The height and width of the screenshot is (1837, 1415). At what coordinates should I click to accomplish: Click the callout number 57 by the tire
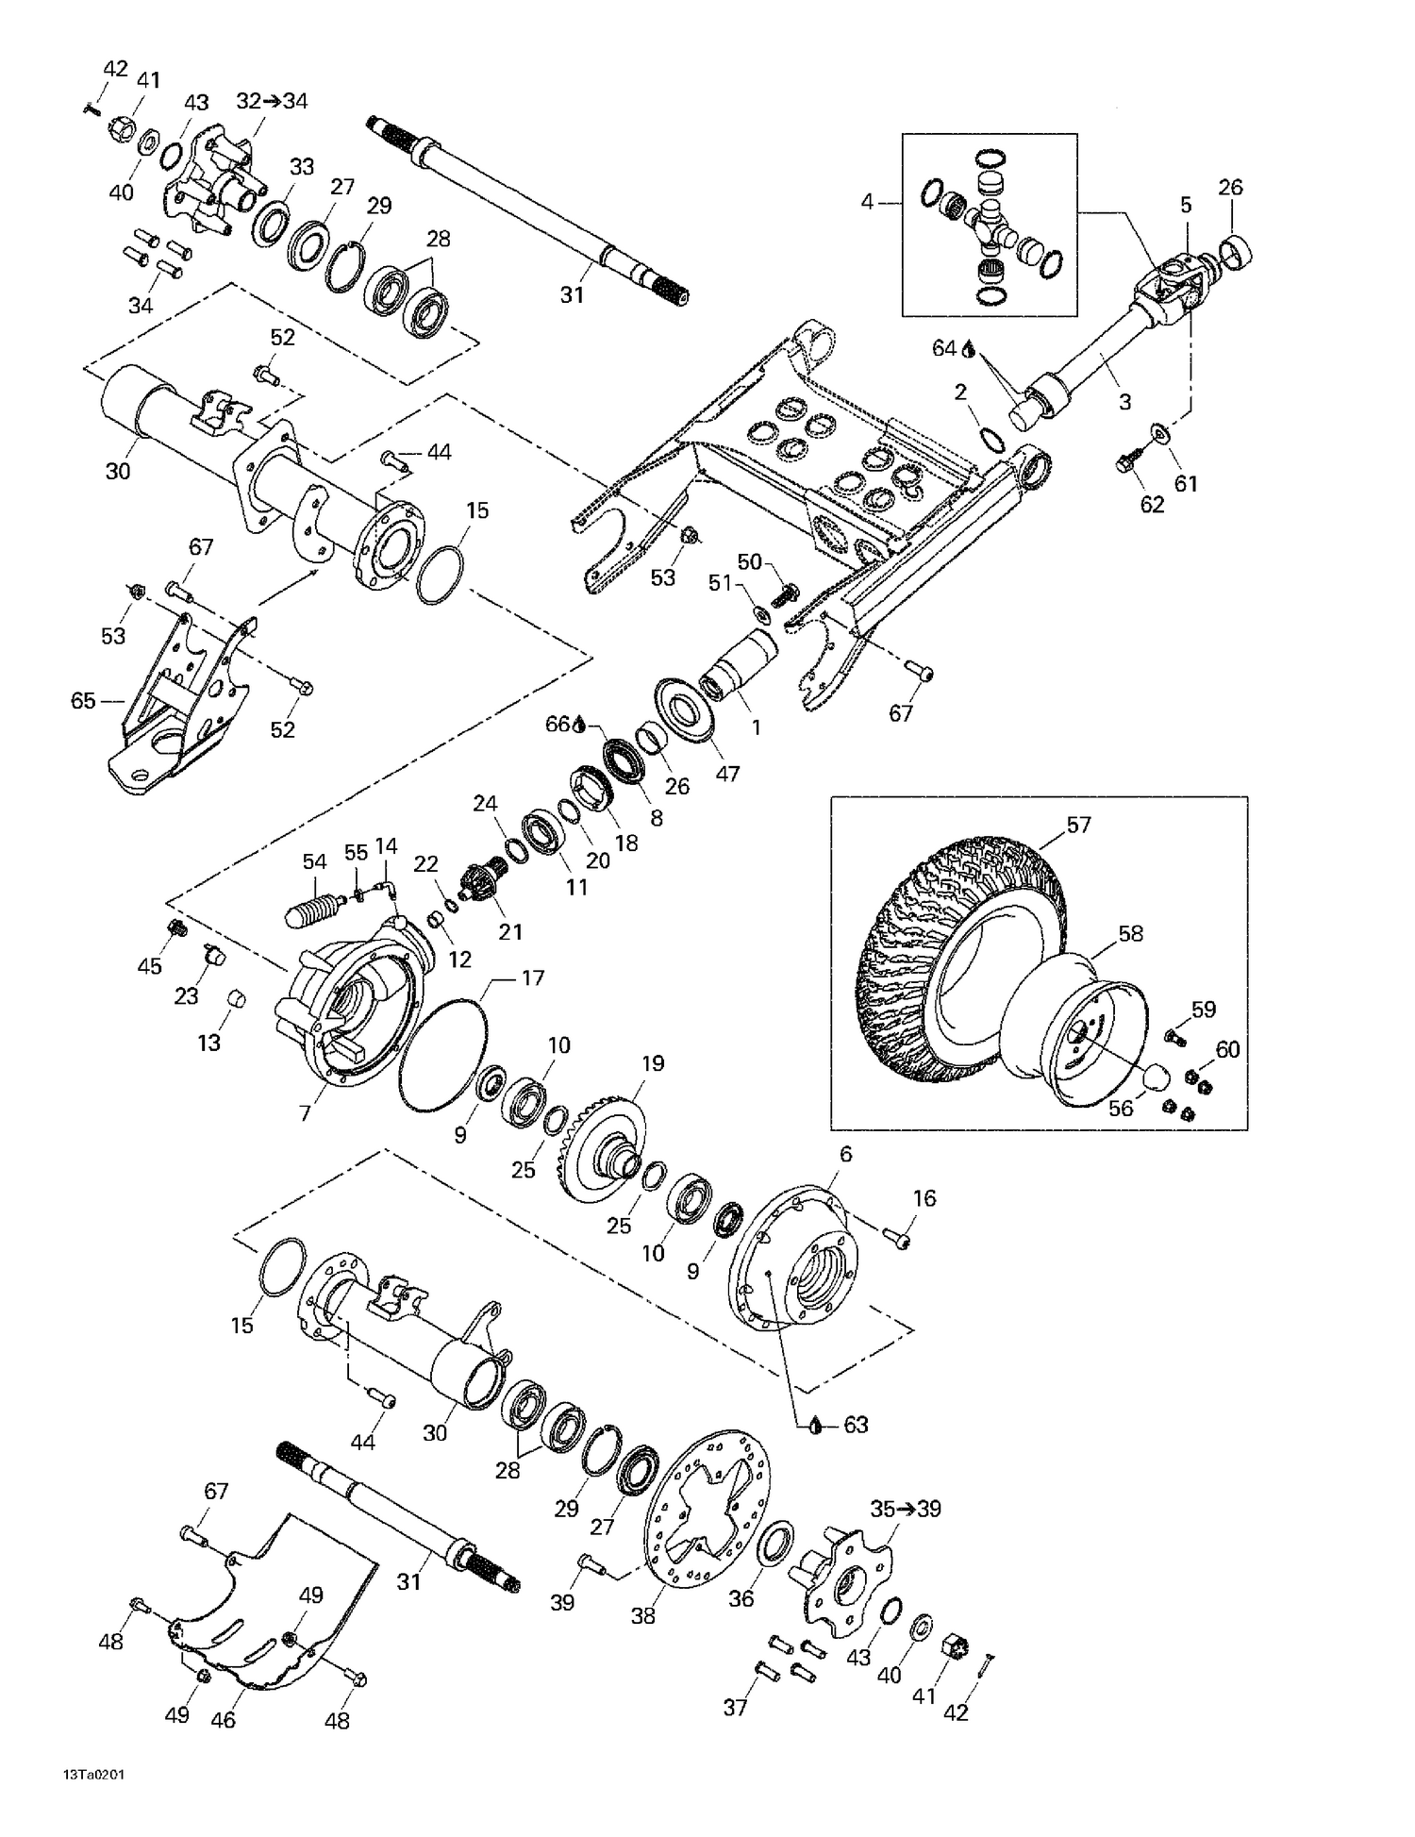[1078, 825]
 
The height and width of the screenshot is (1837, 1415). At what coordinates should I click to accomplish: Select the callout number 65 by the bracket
[84, 700]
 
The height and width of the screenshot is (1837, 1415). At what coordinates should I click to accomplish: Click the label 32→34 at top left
[272, 101]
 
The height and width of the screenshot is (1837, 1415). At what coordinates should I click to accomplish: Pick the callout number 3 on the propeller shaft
[1124, 402]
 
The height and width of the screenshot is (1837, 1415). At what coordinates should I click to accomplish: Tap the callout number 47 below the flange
[726, 774]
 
